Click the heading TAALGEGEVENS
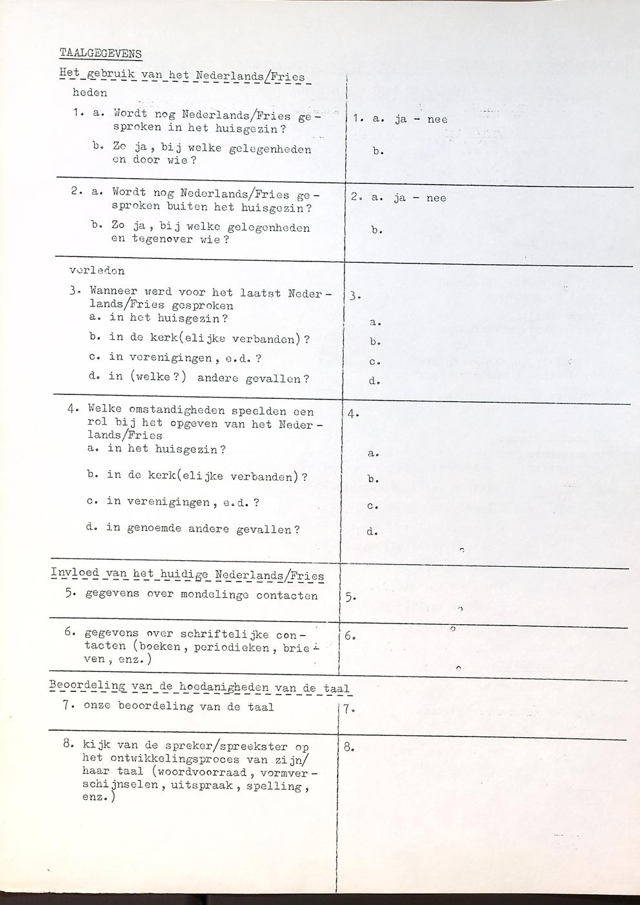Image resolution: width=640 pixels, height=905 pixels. pyautogui.click(x=100, y=53)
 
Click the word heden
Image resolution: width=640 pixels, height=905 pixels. pyautogui.click(x=90, y=93)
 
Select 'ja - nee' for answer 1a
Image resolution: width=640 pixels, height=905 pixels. pyautogui.click(x=421, y=119)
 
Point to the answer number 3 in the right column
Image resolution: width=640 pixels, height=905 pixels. pyautogui.click(x=353, y=297)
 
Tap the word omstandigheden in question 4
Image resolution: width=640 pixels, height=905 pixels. pyautogui.click(x=167, y=411)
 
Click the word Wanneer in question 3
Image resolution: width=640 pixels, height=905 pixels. pyautogui.click(x=113, y=292)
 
